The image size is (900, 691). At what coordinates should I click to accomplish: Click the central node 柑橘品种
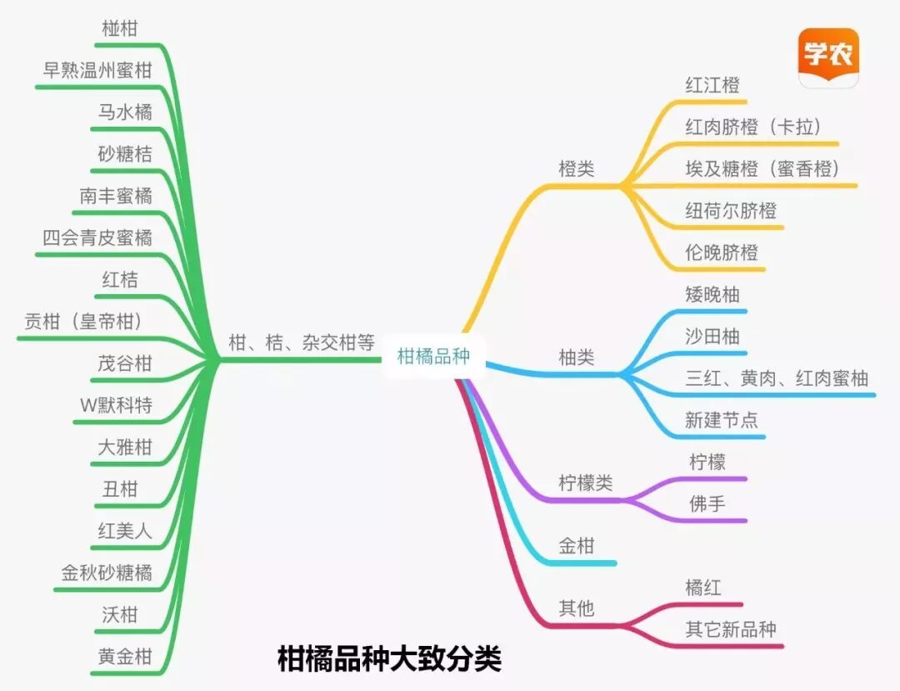click(x=433, y=357)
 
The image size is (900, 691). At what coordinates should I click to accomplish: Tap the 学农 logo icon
click(x=828, y=57)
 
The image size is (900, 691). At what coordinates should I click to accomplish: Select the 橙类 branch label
click(x=577, y=168)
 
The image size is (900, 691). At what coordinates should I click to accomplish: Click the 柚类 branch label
click(x=577, y=358)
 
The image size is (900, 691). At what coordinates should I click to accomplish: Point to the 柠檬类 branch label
click(x=585, y=483)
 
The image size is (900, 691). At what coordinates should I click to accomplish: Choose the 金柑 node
click(x=577, y=546)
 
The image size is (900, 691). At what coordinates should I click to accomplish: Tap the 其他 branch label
click(x=577, y=608)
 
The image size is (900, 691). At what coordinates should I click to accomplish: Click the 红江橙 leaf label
click(x=712, y=85)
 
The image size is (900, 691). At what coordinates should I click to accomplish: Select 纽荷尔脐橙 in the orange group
click(x=731, y=210)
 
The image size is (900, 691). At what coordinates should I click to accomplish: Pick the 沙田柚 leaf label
click(x=712, y=337)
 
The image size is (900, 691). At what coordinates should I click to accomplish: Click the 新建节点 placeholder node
click(x=722, y=420)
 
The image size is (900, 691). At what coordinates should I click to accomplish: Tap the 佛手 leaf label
click(x=707, y=503)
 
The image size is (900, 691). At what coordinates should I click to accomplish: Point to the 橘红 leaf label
click(x=703, y=588)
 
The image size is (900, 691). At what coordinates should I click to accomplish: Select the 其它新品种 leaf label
click(x=731, y=629)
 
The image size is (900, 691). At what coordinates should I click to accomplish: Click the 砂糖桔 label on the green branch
click(x=125, y=153)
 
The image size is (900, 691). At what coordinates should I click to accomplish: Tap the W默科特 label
click(x=116, y=405)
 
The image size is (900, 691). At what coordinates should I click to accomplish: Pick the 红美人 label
click(x=125, y=531)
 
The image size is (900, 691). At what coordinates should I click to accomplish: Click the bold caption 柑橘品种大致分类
click(x=389, y=659)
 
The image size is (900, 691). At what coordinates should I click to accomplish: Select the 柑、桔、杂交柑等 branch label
click(x=302, y=343)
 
